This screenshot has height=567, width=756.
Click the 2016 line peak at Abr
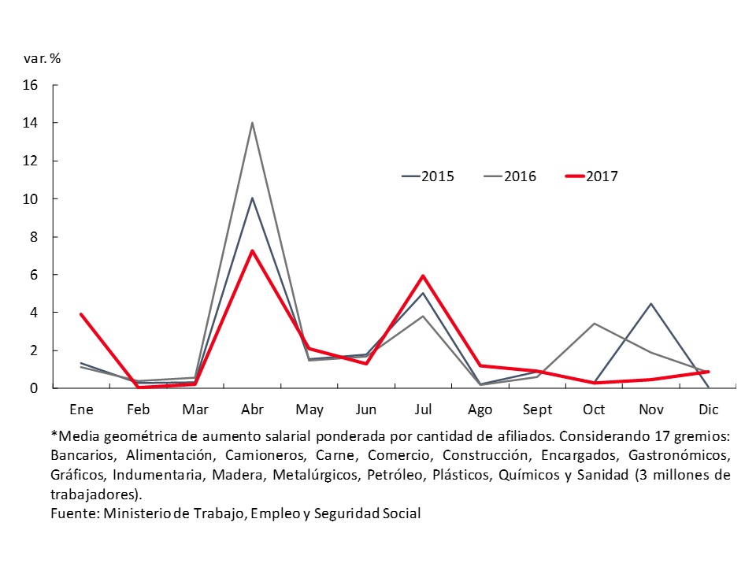coord(252,123)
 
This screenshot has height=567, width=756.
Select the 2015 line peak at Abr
coord(252,198)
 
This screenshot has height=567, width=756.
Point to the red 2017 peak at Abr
coord(252,251)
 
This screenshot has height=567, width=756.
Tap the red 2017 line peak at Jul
coord(423,276)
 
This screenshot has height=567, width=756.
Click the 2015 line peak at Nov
coord(651,304)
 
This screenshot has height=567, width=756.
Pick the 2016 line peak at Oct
coord(594,324)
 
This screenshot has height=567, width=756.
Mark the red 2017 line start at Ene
coord(81,314)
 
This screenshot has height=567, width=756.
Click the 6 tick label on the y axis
coord(34,275)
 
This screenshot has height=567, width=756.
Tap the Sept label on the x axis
coord(537,409)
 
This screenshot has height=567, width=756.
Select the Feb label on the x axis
coord(138,409)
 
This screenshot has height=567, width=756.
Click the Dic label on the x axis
coord(708,409)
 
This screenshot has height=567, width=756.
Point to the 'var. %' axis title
coord(43,57)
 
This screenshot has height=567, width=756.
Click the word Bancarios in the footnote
coord(79,455)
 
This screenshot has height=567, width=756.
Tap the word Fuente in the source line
coord(72,513)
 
